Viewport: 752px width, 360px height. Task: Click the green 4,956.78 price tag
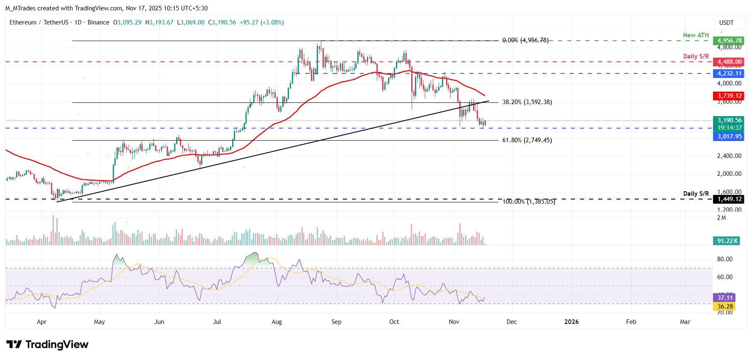728,41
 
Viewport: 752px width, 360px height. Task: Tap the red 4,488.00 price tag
728,62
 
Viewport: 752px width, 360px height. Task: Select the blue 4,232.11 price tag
728,73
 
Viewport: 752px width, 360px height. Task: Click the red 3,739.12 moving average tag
728,96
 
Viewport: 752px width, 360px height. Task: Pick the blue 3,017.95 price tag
728,136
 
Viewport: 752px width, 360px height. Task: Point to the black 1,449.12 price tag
728,199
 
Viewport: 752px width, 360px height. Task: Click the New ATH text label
696,35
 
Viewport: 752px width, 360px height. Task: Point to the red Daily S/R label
696,56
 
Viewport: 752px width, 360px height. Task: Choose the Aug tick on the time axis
277,322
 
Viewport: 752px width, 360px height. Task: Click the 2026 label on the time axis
571,322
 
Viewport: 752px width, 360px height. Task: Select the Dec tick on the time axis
512,322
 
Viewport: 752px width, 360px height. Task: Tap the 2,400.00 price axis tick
729,156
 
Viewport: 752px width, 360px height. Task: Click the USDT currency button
726,23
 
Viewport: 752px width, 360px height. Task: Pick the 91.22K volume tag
727,241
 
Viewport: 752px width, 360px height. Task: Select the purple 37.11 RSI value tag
725,297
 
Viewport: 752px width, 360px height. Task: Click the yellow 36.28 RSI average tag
725,306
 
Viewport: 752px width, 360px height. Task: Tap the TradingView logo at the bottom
47,345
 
